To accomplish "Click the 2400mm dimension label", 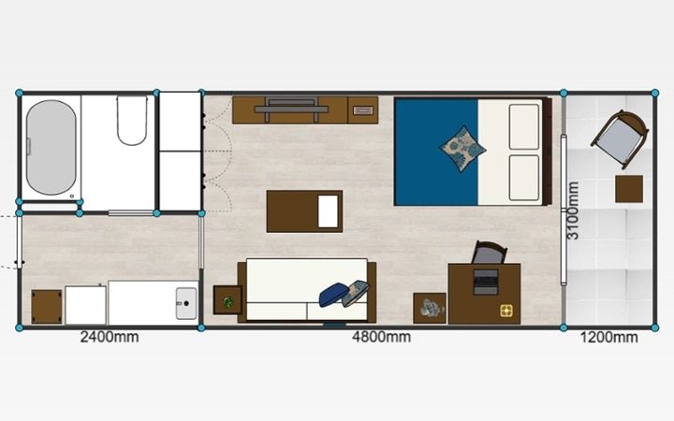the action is [110, 337].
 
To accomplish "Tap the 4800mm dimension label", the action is [381, 337].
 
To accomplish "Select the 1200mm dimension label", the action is [609, 337].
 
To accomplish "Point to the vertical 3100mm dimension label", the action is [573, 210].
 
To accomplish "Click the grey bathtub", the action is [51, 148].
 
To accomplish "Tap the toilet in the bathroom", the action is [132, 121].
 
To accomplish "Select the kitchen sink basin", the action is [186, 303].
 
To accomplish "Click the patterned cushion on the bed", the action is [462, 149].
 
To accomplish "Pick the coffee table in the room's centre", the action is [304, 211].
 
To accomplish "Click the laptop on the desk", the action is [486, 282].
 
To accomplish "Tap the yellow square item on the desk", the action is [506, 311].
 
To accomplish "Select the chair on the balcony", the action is [620, 139].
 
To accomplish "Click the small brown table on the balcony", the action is [629, 189].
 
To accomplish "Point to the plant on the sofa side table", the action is [227, 302].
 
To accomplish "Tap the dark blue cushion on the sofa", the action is [333, 295].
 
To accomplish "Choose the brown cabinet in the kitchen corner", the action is [47, 307].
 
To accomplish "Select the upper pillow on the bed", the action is [524, 126].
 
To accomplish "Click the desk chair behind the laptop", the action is [490, 253].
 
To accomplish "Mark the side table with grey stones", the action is [430, 308].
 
